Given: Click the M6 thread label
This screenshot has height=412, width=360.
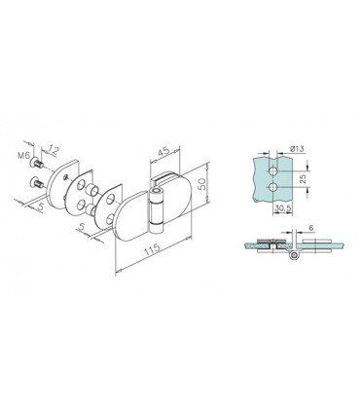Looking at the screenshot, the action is coord(23,156).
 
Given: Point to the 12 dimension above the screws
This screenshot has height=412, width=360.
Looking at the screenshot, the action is coord(53,150).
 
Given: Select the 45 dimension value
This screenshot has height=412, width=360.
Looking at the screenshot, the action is coord(163,152).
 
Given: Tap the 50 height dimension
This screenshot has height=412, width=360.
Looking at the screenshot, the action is coord(202,184).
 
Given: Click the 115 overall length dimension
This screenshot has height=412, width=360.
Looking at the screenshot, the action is coord(152,249).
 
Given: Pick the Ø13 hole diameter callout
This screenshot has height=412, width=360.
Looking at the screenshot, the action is coord(297,149).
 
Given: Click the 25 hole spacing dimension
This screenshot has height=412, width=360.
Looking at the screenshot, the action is coord(303,178).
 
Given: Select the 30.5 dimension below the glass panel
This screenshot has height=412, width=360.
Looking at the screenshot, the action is coord(281,208).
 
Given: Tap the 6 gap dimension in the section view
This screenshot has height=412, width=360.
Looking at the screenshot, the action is coord(310,228).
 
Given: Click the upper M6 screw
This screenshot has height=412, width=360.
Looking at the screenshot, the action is coord(36,163).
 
